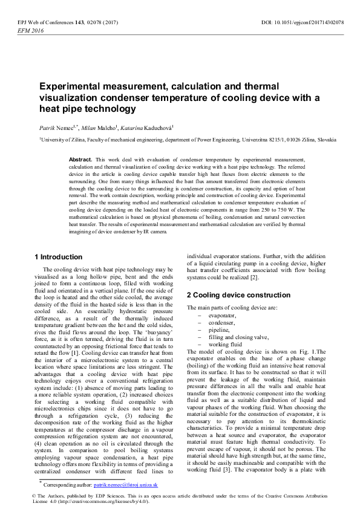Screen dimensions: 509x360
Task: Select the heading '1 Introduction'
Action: pyautogui.click(x=59, y=256)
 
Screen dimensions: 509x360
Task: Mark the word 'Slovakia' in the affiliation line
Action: pyautogui.click(x=326, y=139)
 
